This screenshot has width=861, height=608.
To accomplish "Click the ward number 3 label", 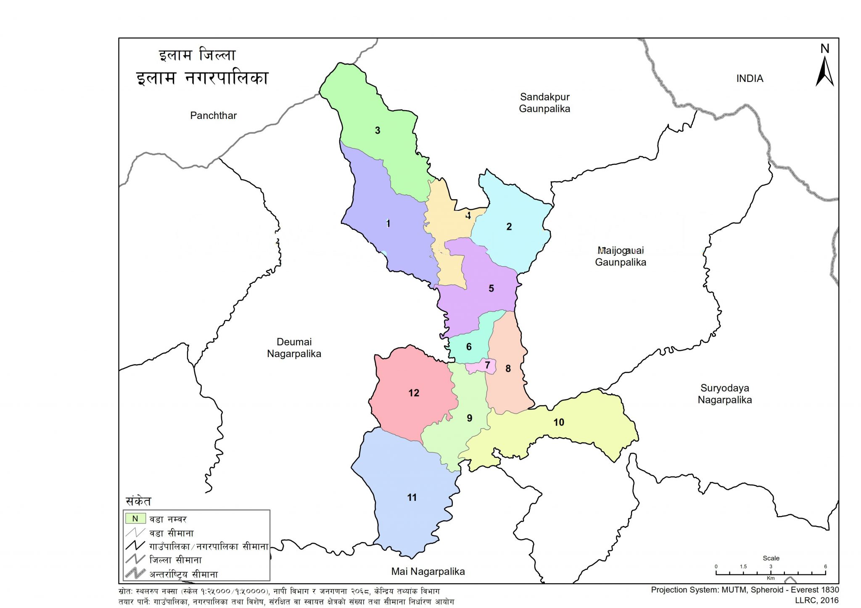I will (x=377, y=131).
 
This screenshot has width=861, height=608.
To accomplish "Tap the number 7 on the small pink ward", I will (x=487, y=365).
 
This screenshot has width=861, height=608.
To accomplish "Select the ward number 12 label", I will (x=414, y=393).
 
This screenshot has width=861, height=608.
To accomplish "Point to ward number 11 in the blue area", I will (x=412, y=497).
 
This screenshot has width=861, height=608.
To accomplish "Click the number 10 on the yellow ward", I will (x=558, y=422).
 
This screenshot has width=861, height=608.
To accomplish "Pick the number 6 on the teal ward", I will (x=469, y=347).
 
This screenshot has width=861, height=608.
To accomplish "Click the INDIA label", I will (x=750, y=79).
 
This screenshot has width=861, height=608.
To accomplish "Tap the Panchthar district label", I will (x=213, y=116).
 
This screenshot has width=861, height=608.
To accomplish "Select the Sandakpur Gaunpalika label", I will (x=544, y=103).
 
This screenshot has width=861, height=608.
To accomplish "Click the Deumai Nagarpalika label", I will (x=294, y=348).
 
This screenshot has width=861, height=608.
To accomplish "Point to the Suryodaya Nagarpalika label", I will (x=724, y=394).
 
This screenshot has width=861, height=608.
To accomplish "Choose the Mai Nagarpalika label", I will (x=428, y=571).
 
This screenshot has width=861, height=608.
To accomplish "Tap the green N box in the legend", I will (x=135, y=519).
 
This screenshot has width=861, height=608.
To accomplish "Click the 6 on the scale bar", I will (x=825, y=566).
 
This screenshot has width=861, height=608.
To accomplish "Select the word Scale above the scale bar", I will (x=771, y=558).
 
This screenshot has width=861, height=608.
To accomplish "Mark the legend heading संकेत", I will (x=138, y=501).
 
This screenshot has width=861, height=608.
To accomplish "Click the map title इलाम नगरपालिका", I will (x=202, y=79).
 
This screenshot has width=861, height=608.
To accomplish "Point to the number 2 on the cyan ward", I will (x=509, y=227).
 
